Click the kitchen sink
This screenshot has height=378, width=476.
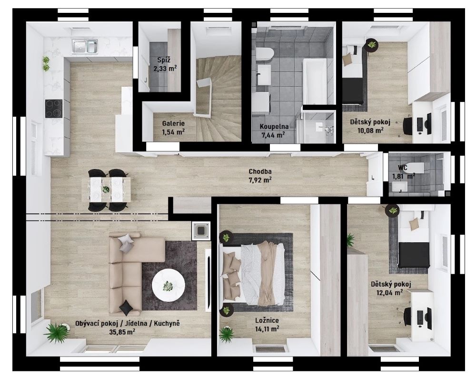(85, 47)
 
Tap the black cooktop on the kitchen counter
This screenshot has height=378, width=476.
(54, 109)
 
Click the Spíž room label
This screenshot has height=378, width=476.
(164, 60)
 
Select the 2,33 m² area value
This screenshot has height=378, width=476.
(165, 69)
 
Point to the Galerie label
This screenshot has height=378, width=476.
(173, 124)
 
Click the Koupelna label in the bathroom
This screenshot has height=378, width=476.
(274, 127)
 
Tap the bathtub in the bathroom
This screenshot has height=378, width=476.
(315, 81)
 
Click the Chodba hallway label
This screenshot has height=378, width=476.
(260, 171)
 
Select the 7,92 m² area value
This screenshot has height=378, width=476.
(260, 180)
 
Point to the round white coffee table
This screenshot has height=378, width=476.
(168, 285)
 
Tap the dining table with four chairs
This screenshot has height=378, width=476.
(106, 190)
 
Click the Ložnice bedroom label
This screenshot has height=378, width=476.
(267, 320)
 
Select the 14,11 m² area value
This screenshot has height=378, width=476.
(268, 329)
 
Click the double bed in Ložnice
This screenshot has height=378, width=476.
(254, 273)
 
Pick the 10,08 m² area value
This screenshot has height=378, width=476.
(371, 130)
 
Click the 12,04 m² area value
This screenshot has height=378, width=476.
(390, 293)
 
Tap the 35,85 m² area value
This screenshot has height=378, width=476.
(122, 332)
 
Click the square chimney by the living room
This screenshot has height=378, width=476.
(201, 231)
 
